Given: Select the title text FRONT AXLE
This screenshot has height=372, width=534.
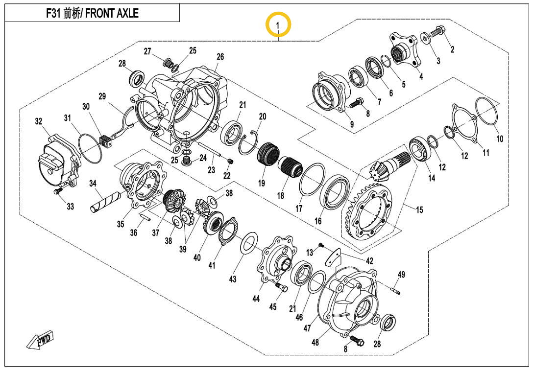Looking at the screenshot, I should tap(112, 13).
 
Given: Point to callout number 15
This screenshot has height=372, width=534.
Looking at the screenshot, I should tap(419, 210).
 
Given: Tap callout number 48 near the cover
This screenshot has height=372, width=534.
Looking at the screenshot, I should tap(315, 342).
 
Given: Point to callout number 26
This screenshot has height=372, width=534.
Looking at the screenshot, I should tap(220, 57).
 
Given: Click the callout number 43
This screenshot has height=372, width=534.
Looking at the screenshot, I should tap(233, 279).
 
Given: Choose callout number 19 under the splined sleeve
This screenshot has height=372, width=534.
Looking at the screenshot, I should tap(262, 184).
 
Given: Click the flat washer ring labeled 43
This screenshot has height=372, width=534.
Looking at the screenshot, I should tap(250, 243).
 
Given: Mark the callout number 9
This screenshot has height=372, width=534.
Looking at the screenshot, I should tap(352, 124).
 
